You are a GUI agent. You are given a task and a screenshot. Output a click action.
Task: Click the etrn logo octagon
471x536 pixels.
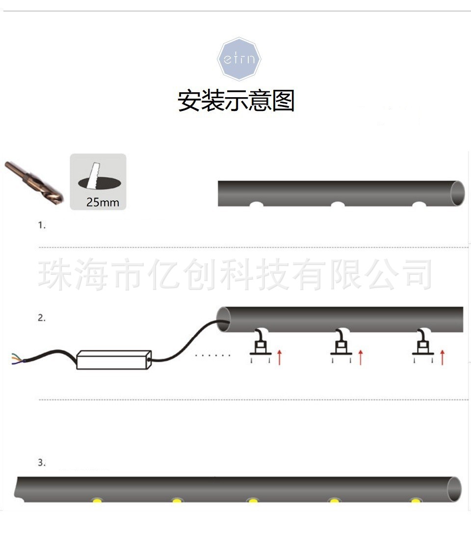[x=239, y=59]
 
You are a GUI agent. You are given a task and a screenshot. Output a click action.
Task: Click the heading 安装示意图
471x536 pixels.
[x=236, y=101]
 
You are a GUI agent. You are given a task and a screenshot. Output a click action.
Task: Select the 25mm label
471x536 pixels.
[x=103, y=202]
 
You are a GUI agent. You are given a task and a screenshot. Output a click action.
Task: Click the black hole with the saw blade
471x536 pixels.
[x=98, y=183]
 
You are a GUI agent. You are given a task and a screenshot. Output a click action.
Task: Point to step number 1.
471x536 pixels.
[x=42, y=225]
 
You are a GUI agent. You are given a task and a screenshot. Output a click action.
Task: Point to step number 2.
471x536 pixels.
[x=42, y=318]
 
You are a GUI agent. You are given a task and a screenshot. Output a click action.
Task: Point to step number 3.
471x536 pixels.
[x=42, y=462]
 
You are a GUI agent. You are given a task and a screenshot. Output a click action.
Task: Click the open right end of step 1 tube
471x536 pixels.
[x=457, y=193]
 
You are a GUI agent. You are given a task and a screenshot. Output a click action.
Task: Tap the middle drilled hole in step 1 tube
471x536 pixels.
[x=338, y=204]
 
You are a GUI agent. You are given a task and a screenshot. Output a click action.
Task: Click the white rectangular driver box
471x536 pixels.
[x=113, y=359]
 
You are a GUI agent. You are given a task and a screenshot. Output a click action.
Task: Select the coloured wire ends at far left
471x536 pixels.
[x=15, y=360]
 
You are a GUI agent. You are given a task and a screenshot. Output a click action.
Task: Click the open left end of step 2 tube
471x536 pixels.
[x=224, y=319]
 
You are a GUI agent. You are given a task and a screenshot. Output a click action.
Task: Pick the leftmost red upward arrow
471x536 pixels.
[x=279, y=357]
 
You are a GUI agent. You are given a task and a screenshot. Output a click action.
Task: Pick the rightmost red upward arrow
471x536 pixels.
[x=442, y=357]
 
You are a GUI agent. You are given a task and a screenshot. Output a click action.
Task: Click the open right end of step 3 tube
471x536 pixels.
[x=454, y=489]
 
